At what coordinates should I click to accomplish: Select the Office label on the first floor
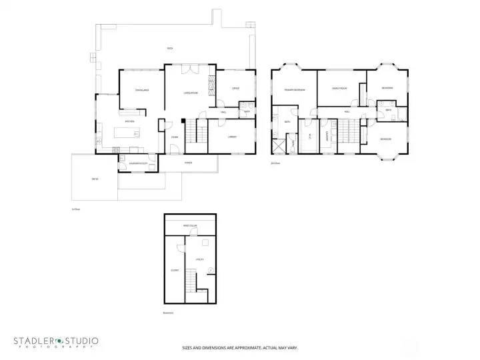[x=235, y=88]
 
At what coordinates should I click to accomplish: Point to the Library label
[x=232, y=137]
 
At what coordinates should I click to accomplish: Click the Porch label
[x=189, y=162]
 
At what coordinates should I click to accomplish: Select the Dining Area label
[x=141, y=90]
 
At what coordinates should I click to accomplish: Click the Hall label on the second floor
[x=347, y=112]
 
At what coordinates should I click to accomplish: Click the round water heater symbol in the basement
[x=211, y=270]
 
